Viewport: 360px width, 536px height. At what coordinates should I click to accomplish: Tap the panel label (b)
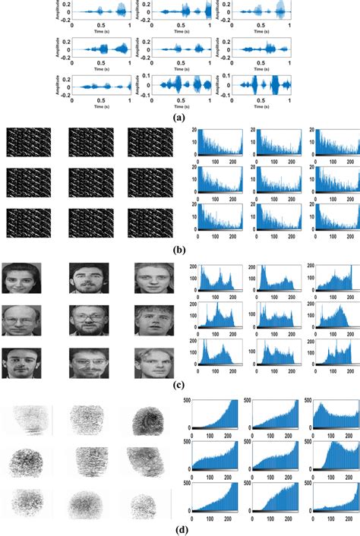pos(180,249)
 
